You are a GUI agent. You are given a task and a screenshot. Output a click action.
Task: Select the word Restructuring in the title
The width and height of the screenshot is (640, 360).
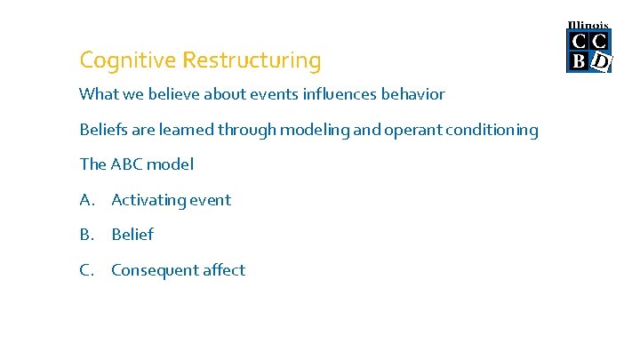(252, 61)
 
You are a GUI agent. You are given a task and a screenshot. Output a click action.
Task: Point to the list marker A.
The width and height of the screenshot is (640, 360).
(85, 200)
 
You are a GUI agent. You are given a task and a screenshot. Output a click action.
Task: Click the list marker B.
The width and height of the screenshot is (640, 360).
(85, 235)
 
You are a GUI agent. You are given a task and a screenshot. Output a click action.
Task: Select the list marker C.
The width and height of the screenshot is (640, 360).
(85, 270)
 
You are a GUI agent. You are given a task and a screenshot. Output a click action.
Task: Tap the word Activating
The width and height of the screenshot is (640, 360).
(146, 201)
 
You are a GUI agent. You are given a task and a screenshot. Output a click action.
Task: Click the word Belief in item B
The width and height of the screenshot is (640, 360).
(132, 235)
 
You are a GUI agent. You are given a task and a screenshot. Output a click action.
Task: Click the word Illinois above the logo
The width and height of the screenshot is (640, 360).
(588, 25)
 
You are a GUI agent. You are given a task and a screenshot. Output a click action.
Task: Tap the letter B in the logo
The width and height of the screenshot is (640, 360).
(578, 60)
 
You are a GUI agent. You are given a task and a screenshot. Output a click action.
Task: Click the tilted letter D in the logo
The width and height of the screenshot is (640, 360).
(602, 61)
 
